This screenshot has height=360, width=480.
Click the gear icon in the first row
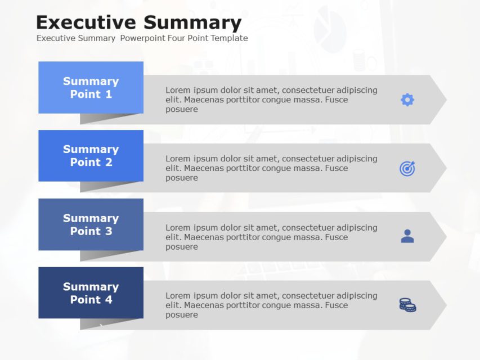coord(407,100)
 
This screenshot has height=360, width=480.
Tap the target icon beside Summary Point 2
coord(407,168)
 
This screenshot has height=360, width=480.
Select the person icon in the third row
coord(407,236)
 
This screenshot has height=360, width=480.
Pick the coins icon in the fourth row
coord(407,305)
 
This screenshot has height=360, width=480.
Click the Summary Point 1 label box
coord(91,87)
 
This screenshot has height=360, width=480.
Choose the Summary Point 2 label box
coord(91,156)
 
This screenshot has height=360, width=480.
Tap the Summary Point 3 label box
coord(91,224)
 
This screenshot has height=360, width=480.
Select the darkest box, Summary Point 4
coord(91,292)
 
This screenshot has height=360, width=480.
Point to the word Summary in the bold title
coord(192,22)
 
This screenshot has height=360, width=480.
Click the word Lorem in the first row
coord(178,90)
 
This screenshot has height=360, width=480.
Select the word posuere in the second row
coord(181,178)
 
